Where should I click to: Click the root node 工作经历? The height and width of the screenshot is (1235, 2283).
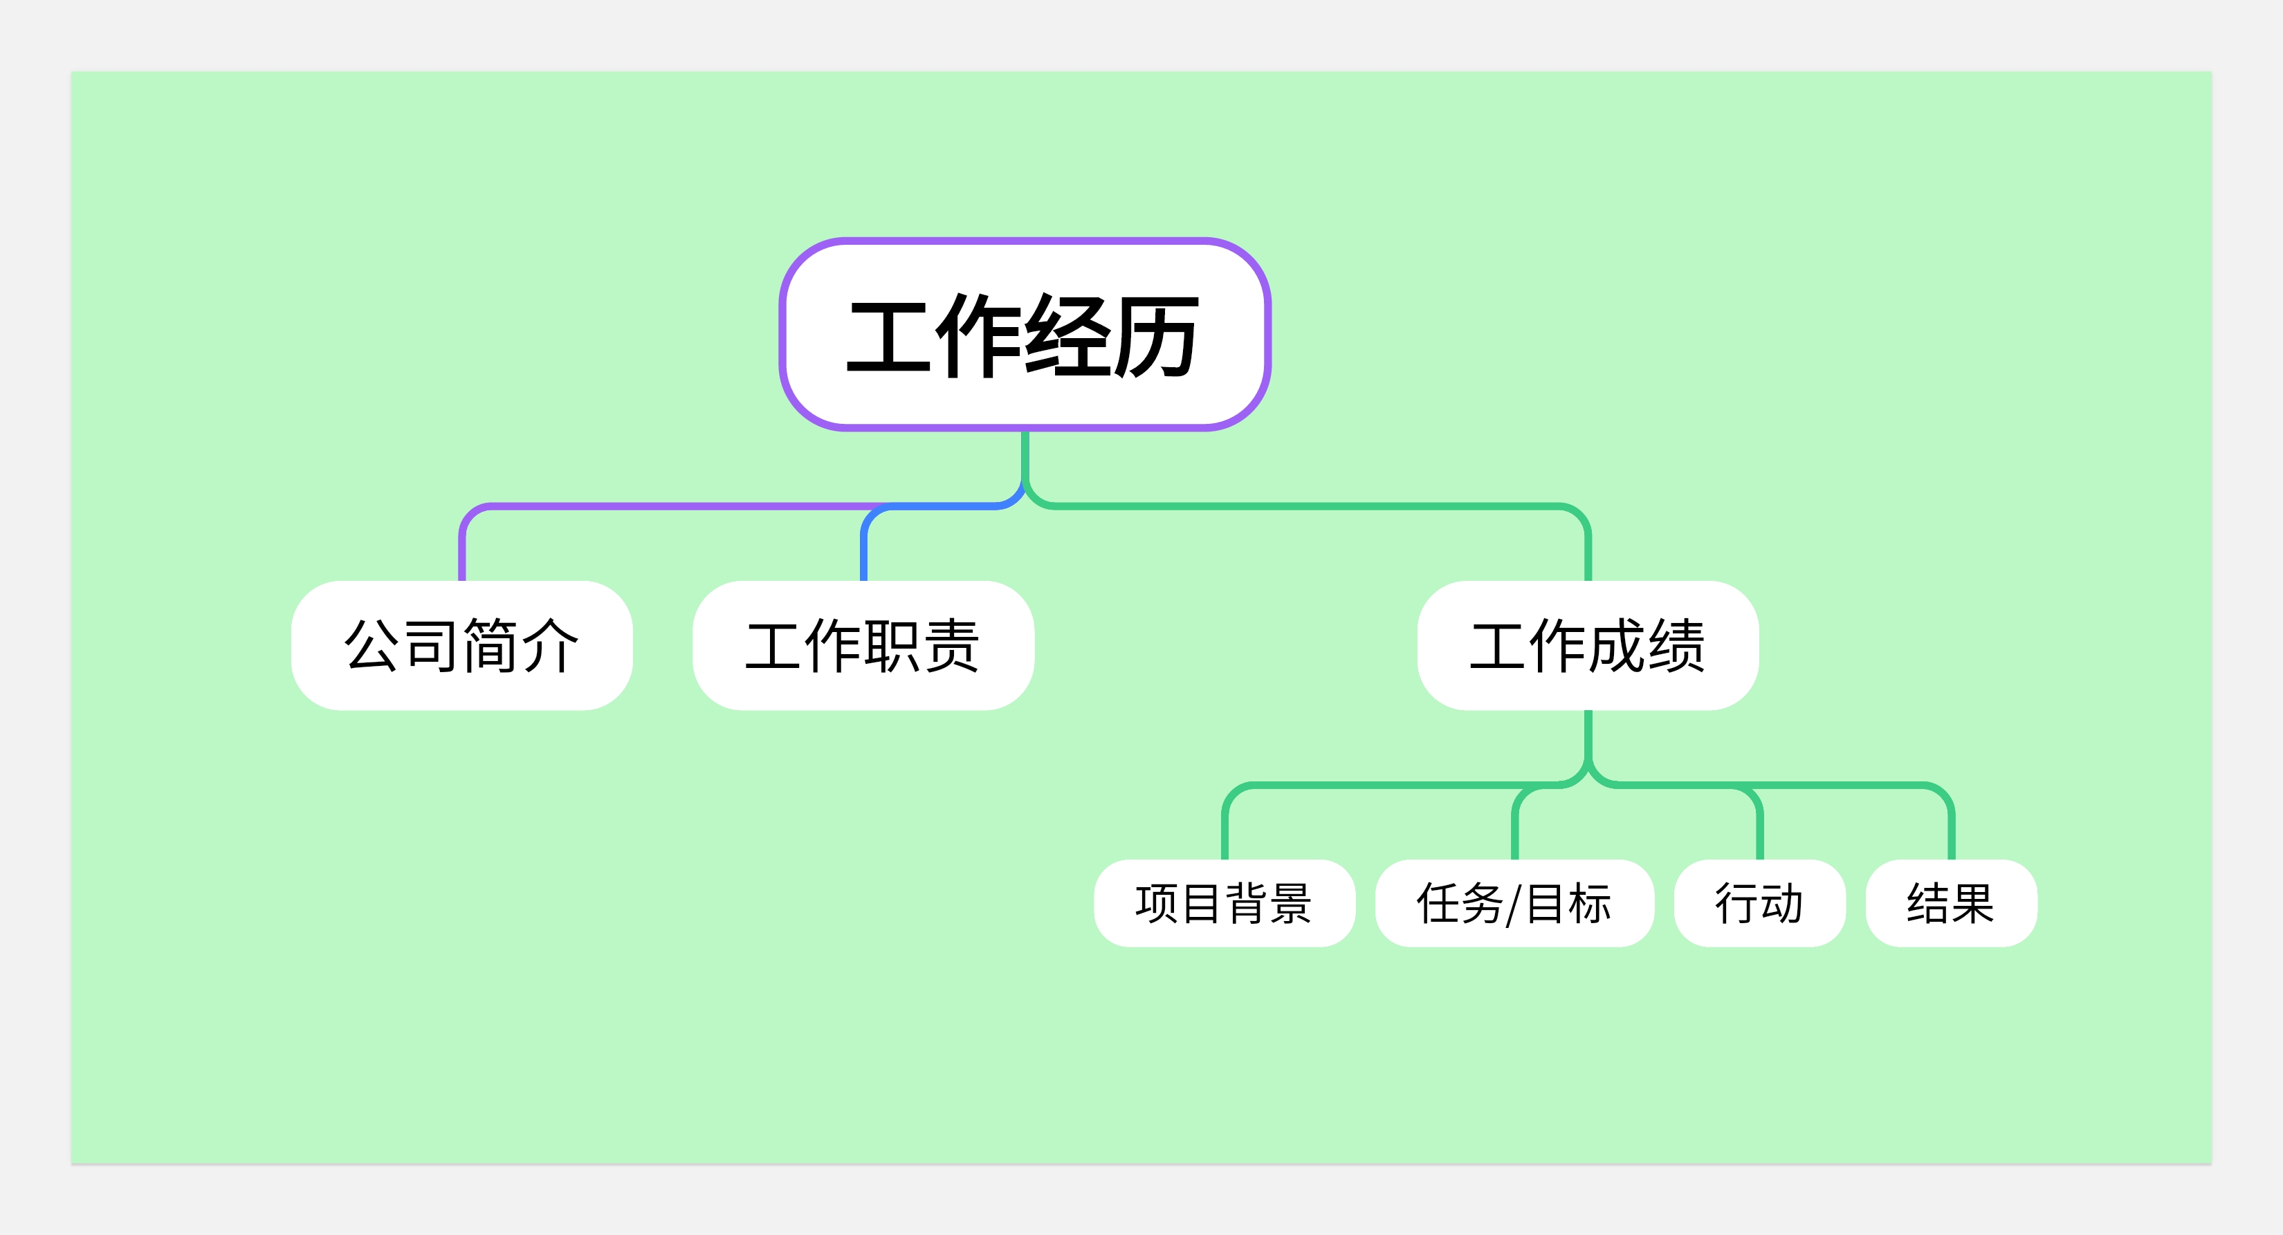pyautogui.click(x=1025, y=334)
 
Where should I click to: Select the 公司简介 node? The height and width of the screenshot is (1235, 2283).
pyautogui.click(x=461, y=645)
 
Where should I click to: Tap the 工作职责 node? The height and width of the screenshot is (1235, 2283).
pyautogui.click(x=863, y=645)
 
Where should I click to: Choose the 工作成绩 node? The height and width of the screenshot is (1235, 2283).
pyautogui.click(x=1588, y=645)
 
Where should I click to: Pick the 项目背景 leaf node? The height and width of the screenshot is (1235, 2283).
pyautogui.click(x=1225, y=903)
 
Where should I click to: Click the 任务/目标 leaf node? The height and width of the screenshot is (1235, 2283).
pyautogui.click(x=1514, y=903)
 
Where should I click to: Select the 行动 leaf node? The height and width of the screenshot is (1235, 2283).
pyautogui.click(x=1760, y=903)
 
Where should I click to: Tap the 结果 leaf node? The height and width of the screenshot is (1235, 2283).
pyautogui.click(x=1952, y=903)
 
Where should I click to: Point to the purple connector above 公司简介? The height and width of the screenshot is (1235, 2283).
pyautogui.click(x=674, y=507)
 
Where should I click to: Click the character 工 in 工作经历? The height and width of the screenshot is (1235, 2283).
pyautogui.click(x=890, y=337)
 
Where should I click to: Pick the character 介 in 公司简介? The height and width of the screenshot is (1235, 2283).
pyautogui.click(x=551, y=646)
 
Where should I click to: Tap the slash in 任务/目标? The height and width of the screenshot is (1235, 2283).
pyautogui.click(x=1514, y=904)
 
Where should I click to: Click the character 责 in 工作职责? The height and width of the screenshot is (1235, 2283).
pyautogui.click(x=952, y=646)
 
